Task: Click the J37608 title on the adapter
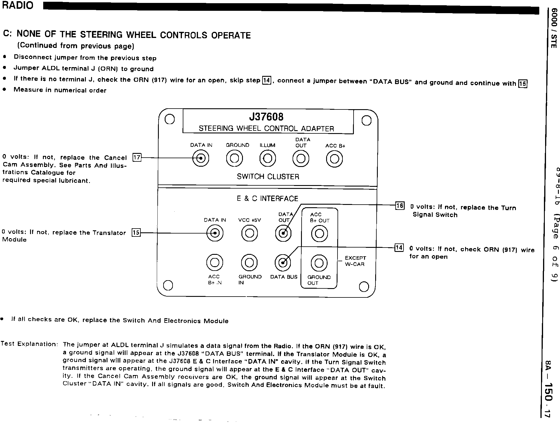click(x=266, y=117)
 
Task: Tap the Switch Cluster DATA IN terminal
click(x=201, y=159)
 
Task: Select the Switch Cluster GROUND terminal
click(x=234, y=159)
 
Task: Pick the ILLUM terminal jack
click(x=268, y=159)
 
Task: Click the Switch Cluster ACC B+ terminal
click(x=334, y=159)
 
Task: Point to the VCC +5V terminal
click(x=249, y=233)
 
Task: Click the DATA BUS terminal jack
click(x=283, y=263)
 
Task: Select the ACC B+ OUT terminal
click(x=319, y=234)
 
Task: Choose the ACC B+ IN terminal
click(x=215, y=263)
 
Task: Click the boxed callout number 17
click(x=137, y=158)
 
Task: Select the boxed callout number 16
click(x=399, y=206)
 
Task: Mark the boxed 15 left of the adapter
click(x=136, y=233)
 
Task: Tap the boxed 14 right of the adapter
click(x=399, y=248)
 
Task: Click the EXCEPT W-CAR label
click(x=355, y=261)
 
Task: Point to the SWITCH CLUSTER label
click(x=268, y=177)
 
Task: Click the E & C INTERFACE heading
click(x=267, y=199)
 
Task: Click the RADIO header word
click(x=18, y=5)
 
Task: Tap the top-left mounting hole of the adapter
click(x=169, y=119)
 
